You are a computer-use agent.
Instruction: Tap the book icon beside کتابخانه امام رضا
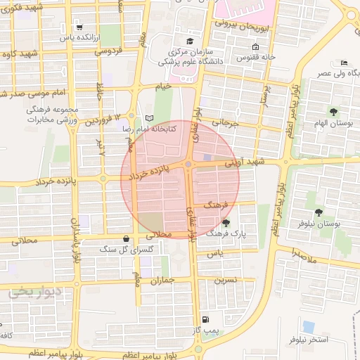point(148,118)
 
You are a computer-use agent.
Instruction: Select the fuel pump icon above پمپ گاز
point(205,318)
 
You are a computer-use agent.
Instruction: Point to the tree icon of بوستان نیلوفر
point(319,212)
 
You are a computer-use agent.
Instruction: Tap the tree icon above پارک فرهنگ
point(226,222)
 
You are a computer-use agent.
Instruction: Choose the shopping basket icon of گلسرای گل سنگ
point(126,238)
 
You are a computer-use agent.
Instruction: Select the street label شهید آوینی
point(243,162)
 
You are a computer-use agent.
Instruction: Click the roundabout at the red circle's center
point(188,165)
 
